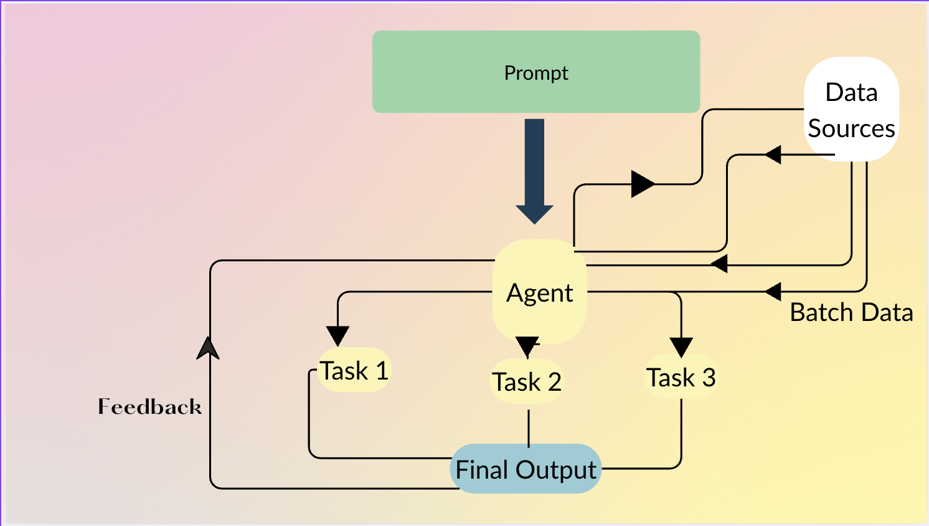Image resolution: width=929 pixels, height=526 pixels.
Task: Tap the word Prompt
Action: coord(535,73)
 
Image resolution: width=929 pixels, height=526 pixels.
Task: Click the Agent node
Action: coord(539,292)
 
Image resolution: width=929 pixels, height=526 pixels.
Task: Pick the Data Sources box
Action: coord(851,109)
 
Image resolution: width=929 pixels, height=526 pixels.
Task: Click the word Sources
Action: coord(851,128)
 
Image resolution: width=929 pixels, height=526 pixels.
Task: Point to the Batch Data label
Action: coord(851,312)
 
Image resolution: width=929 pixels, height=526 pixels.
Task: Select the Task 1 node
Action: coord(354,370)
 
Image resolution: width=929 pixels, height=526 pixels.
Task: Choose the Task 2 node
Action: coord(527,381)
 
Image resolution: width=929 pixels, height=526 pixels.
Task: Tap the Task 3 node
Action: coord(681,377)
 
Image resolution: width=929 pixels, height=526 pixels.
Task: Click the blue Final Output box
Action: coord(526,469)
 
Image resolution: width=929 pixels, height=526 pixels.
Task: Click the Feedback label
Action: coord(149,407)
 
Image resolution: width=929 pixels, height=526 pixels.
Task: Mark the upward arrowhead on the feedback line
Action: coord(208,349)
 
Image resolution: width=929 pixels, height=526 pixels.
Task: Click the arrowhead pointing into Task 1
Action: coord(337,336)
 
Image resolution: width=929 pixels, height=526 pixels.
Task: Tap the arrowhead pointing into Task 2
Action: coord(527,346)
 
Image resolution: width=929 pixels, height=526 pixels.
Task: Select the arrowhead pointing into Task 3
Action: coord(681,347)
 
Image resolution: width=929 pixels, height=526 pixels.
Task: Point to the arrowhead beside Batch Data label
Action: coord(773,291)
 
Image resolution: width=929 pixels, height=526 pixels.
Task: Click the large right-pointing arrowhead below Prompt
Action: coord(642,184)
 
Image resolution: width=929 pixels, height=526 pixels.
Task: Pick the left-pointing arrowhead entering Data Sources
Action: coord(773,154)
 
